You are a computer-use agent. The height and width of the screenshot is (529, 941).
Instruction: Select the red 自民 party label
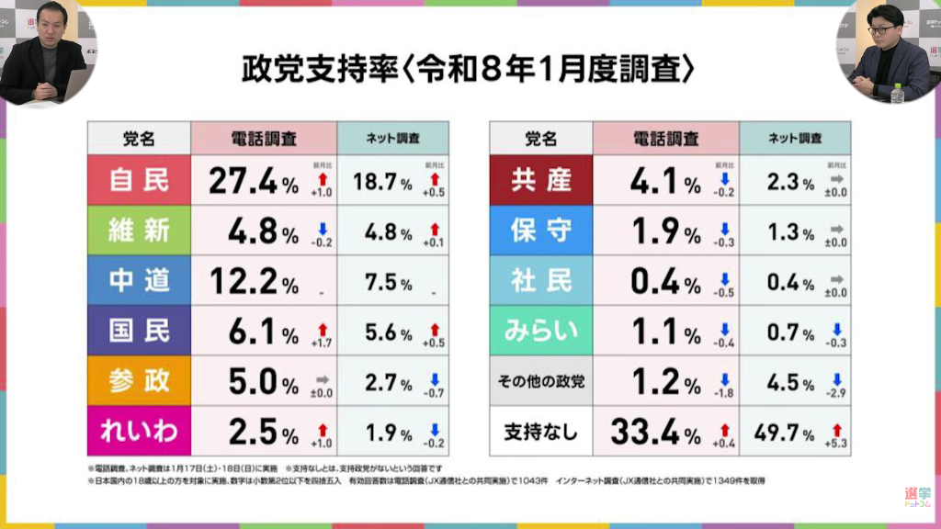click(140, 180)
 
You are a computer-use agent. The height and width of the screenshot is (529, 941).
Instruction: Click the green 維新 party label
click(140, 231)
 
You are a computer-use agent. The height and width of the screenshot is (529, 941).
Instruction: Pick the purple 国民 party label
click(140, 331)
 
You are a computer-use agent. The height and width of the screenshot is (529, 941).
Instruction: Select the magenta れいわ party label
click(140, 431)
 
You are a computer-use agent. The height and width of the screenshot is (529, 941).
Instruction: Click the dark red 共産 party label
click(541, 180)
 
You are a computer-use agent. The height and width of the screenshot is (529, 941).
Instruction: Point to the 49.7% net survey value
click(783, 432)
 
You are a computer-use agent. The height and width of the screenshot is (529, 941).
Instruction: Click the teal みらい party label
click(541, 331)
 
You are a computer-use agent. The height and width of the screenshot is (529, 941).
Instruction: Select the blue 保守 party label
click(541, 231)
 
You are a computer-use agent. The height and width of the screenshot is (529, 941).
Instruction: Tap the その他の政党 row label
click(541, 380)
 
